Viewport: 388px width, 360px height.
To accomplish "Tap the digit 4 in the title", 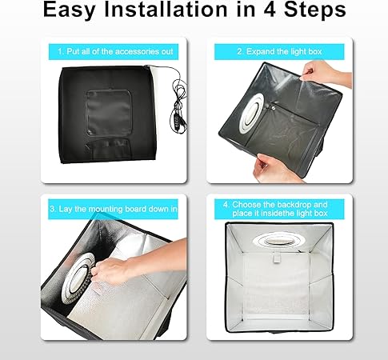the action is [x=271, y=9].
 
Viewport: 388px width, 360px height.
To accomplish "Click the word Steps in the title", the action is [x=314, y=10].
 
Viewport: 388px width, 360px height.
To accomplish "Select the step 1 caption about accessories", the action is [x=115, y=51].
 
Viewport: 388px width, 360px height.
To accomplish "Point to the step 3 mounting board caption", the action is [x=114, y=209].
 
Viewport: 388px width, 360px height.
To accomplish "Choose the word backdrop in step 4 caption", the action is [x=294, y=205].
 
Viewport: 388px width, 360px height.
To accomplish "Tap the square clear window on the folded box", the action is [x=108, y=113].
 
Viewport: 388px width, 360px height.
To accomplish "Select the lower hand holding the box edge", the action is [x=278, y=169].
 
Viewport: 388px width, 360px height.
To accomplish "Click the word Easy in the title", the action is [x=69, y=10].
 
